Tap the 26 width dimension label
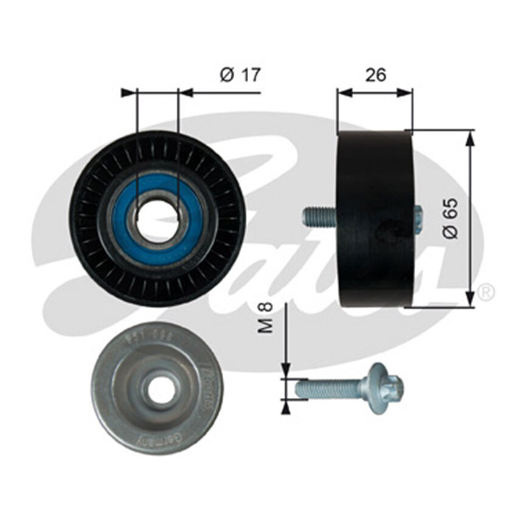pyautogui.click(x=375, y=75)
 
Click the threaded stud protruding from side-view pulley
pyautogui.click(x=319, y=216)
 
